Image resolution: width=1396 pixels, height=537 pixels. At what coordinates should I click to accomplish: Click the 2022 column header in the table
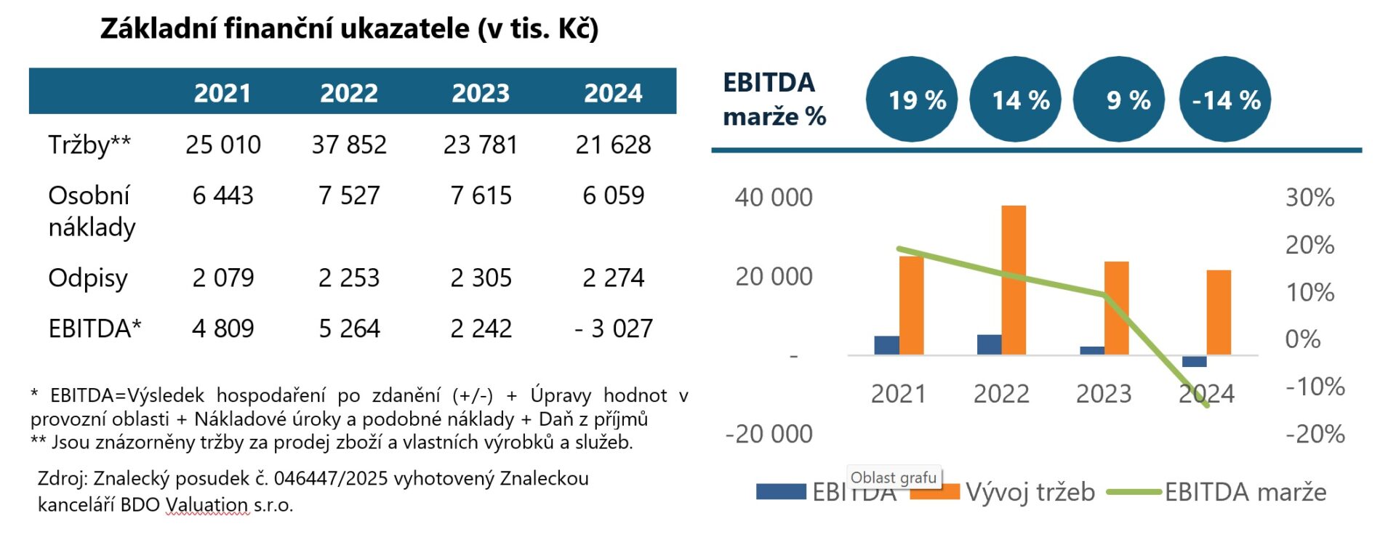pyautogui.click(x=349, y=93)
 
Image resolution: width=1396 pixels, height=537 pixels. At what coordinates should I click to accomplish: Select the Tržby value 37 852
pyautogui.click(x=349, y=145)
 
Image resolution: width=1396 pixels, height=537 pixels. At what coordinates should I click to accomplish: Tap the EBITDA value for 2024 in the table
pyautogui.click(x=614, y=328)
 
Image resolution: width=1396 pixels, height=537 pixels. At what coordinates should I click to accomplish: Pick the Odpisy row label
pyautogui.click(x=88, y=278)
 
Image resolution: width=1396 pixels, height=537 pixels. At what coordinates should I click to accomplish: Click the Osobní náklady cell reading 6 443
pyautogui.click(x=222, y=195)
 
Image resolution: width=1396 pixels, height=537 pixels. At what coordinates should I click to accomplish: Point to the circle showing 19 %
pyautogui.click(x=912, y=100)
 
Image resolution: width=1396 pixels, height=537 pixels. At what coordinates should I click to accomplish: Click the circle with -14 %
pyautogui.click(x=1225, y=100)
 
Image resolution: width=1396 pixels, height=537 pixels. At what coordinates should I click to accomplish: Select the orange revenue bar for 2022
pyautogui.click(x=1014, y=280)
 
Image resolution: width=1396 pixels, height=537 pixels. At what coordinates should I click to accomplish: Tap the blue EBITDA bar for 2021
pyautogui.click(x=886, y=345)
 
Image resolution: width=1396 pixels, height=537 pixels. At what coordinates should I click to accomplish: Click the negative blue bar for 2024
pyautogui.click(x=1195, y=361)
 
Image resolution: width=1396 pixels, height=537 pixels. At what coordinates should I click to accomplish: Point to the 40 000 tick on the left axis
pyautogui.click(x=774, y=198)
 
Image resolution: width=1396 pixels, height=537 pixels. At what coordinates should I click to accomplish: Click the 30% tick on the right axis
pyautogui.click(x=1309, y=198)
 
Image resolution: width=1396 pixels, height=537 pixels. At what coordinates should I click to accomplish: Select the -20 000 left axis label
pyautogui.click(x=769, y=434)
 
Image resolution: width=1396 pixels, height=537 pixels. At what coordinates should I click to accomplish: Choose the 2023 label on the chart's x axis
pyautogui.click(x=1104, y=394)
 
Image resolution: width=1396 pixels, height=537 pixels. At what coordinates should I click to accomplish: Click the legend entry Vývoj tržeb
pyautogui.click(x=1030, y=492)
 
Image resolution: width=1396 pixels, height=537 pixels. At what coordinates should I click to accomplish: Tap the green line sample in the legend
pyautogui.click(x=1134, y=492)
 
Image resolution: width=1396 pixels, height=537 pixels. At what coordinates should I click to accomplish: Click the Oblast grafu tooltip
pyautogui.click(x=894, y=477)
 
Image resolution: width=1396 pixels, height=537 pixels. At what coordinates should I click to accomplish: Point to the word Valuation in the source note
pyautogui.click(x=206, y=504)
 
